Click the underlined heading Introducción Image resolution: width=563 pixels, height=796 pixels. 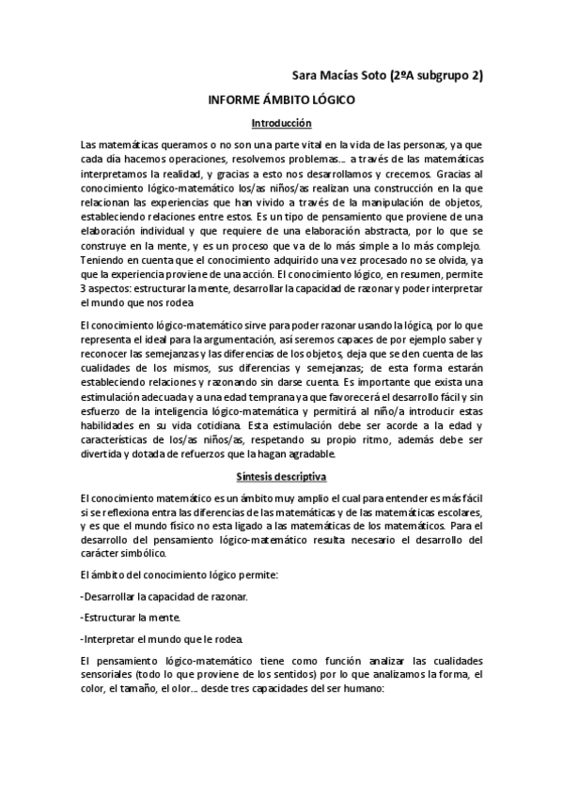tap(281, 123)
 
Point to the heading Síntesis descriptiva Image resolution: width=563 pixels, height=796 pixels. tap(281, 476)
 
